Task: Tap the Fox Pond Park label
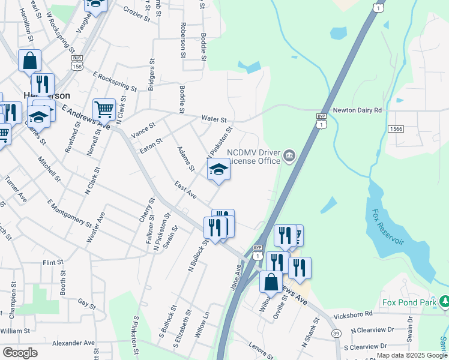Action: [x=409, y=302]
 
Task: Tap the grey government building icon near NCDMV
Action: [x=289, y=157]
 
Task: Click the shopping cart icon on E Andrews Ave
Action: [x=104, y=109]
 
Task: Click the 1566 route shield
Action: [x=396, y=129]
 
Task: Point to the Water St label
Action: [x=214, y=119]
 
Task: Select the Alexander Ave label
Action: [x=73, y=343]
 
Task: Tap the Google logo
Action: [x=20, y=352]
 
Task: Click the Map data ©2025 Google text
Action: [x=412, y=356]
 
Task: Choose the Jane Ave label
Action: [x=237, y=278]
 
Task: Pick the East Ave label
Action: [x=185, y=191]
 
